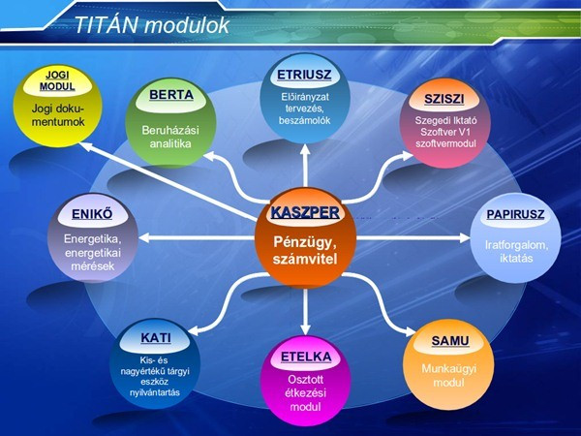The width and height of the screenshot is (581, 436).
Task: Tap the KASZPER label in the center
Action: [305, 211]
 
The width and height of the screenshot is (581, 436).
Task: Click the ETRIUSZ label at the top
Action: [304, 74]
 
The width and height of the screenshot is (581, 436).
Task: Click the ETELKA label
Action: [305, 357]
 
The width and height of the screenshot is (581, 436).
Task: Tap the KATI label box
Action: [156, 339]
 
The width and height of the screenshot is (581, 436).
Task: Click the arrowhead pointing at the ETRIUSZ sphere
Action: [304, 149]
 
